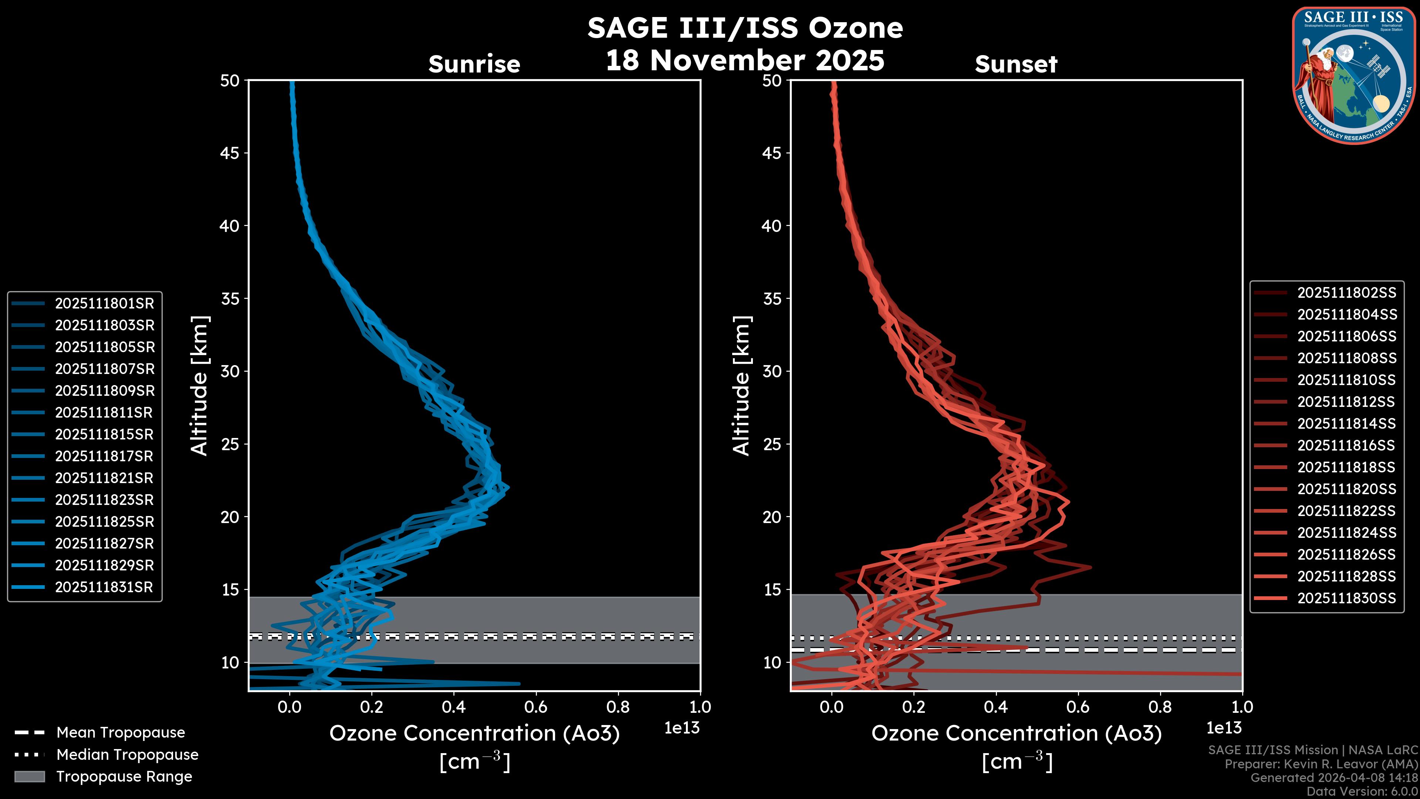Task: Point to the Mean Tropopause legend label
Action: pyautogui.click(x=121, y=733)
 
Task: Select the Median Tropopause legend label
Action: pyautogui.click(x=127, y=755)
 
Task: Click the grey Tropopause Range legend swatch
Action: pyautogui.click(x=29, y=776)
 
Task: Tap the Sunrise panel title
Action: pyautogui.click(x=474, y=64)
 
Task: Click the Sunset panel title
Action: pyautogui.click(x=1016, y=64)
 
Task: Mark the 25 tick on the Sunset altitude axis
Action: pyautogui.click(x=772, y=444)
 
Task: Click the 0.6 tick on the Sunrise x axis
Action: pyautogui.click(x=536, y=707)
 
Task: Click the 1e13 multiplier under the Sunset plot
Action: pyautogui.click(x=1224, y=728)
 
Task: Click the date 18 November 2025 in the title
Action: pyautogui.click(x=745, y=61)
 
